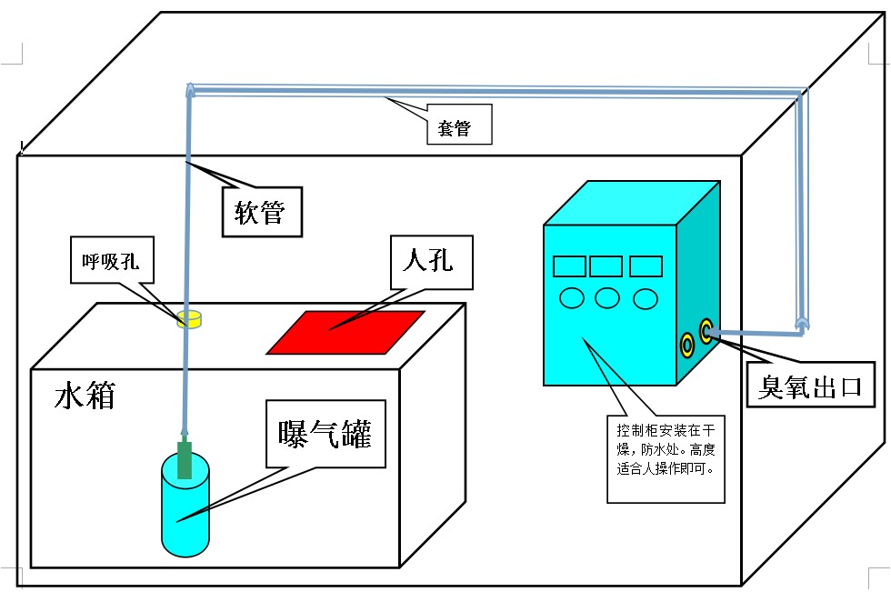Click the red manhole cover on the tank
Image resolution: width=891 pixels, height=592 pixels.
(x=345, y=332)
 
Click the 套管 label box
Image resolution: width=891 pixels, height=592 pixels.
(x=460, y=128)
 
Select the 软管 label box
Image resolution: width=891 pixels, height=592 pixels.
(x=261, y=212)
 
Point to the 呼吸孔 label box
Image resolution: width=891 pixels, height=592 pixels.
(x=112, y=262)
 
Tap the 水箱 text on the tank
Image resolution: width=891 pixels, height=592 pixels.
(x=85, y=396)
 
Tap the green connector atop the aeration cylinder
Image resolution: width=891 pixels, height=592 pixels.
(x=185, y=458)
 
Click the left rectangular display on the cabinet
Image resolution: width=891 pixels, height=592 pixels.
(x=569, y=266)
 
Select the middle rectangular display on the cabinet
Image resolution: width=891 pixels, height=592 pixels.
(x=606, y=266)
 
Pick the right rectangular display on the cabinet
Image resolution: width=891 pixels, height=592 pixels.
(x=646, y=266)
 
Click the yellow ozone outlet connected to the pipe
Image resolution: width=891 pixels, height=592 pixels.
(x=706, y=329)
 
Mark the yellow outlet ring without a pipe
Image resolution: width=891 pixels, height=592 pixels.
(x=687, y=344)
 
